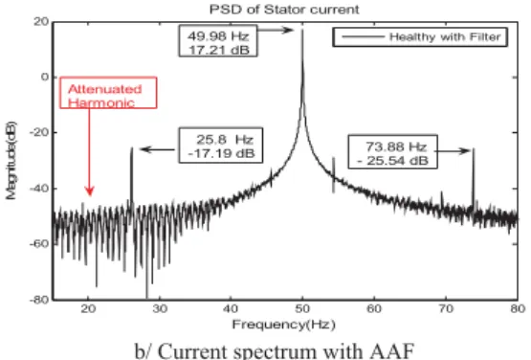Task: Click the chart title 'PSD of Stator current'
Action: point(284,10)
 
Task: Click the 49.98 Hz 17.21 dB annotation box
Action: point(218,41)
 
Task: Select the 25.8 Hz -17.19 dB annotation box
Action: point(221,146)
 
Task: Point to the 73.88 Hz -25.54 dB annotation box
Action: point(393,152)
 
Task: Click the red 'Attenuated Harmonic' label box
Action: point(108,93)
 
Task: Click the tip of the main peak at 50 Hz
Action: point(302,30)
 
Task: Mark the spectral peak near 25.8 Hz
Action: point(132,147)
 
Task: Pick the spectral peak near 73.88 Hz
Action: point(474,149)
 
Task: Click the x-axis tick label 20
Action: point(88,309)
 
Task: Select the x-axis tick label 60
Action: point(374,309)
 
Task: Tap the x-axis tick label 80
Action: point(518,309)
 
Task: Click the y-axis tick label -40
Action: point(39,188)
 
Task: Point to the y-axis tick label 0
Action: point(45,77)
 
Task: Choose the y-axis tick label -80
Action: point(39,300)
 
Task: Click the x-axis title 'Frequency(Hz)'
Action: point(284,325)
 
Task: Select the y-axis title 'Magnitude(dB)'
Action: point(11,160)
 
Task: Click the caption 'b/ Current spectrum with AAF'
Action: point(275,350)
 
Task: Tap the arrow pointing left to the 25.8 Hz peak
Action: point(158,149)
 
